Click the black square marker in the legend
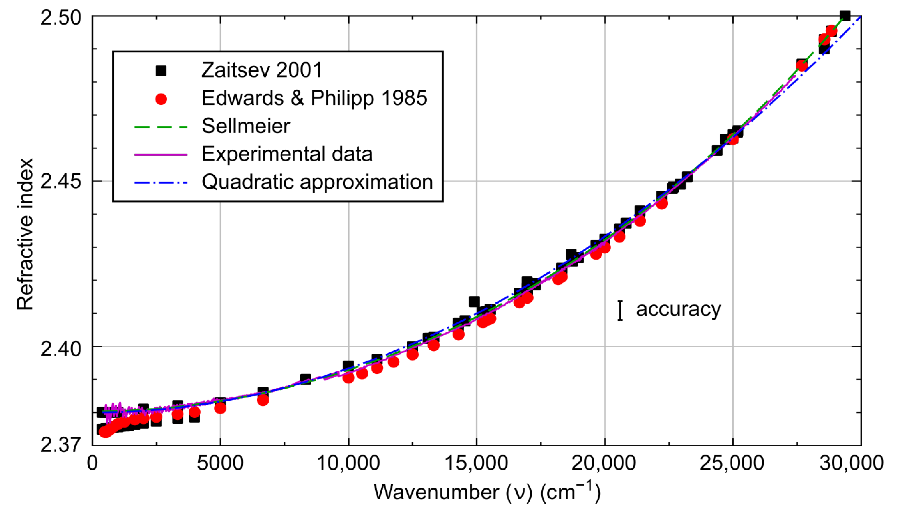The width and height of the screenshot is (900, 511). (161, 70)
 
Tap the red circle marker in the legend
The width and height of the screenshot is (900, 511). (161, 99)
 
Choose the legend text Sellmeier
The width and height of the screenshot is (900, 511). (246, 126)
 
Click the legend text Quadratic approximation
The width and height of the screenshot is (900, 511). (317, 182)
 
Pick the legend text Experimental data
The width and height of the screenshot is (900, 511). (287, 154)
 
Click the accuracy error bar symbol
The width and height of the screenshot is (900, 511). (620, 310)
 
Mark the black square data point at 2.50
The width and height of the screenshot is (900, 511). (845, 16)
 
